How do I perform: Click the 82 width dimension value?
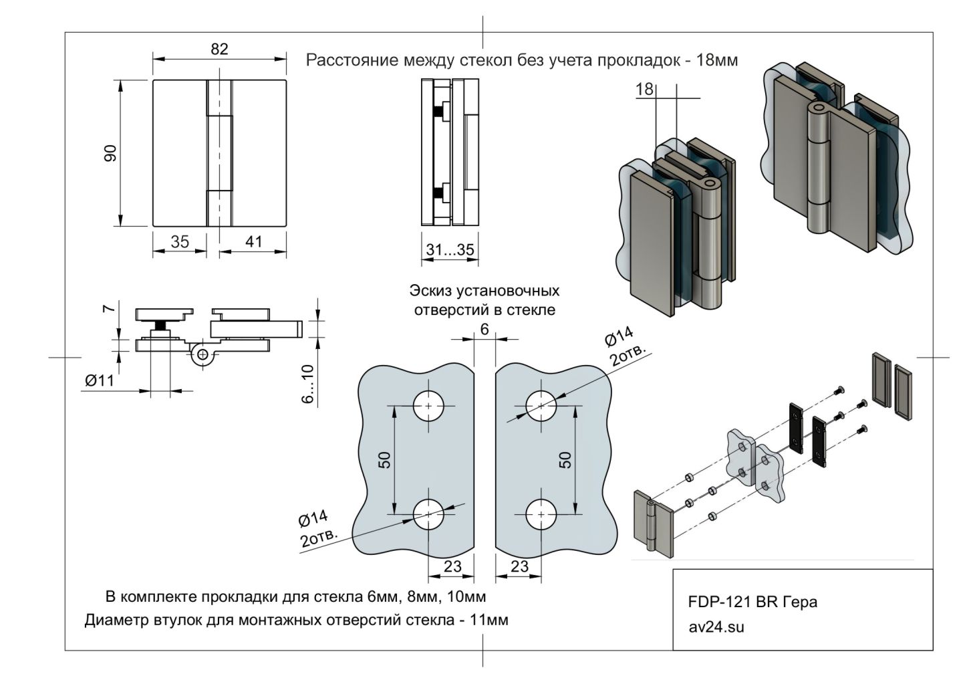point(219,49)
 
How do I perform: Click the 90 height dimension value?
point(110,153)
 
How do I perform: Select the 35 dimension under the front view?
point(179,241)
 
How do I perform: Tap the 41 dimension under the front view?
point(253,241)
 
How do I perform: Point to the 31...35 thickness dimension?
point(450,250)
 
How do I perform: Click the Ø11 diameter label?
point(100,380)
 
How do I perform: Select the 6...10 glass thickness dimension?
point(307,384)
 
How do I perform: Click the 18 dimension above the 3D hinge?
point(644,89)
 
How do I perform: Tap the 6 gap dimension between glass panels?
point(485,328)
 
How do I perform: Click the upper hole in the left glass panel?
point(428,405)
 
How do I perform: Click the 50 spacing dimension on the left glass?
point(384,460)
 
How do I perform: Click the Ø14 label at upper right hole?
point(619,338)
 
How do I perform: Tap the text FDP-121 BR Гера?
point(752,602)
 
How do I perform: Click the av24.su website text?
point(716,627)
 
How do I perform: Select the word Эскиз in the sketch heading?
point(431,291)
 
